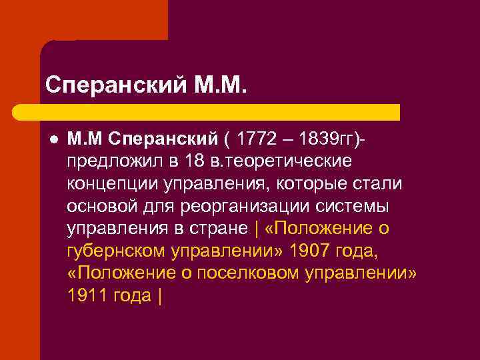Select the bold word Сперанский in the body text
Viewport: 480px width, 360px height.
click(x=162, y=139)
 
